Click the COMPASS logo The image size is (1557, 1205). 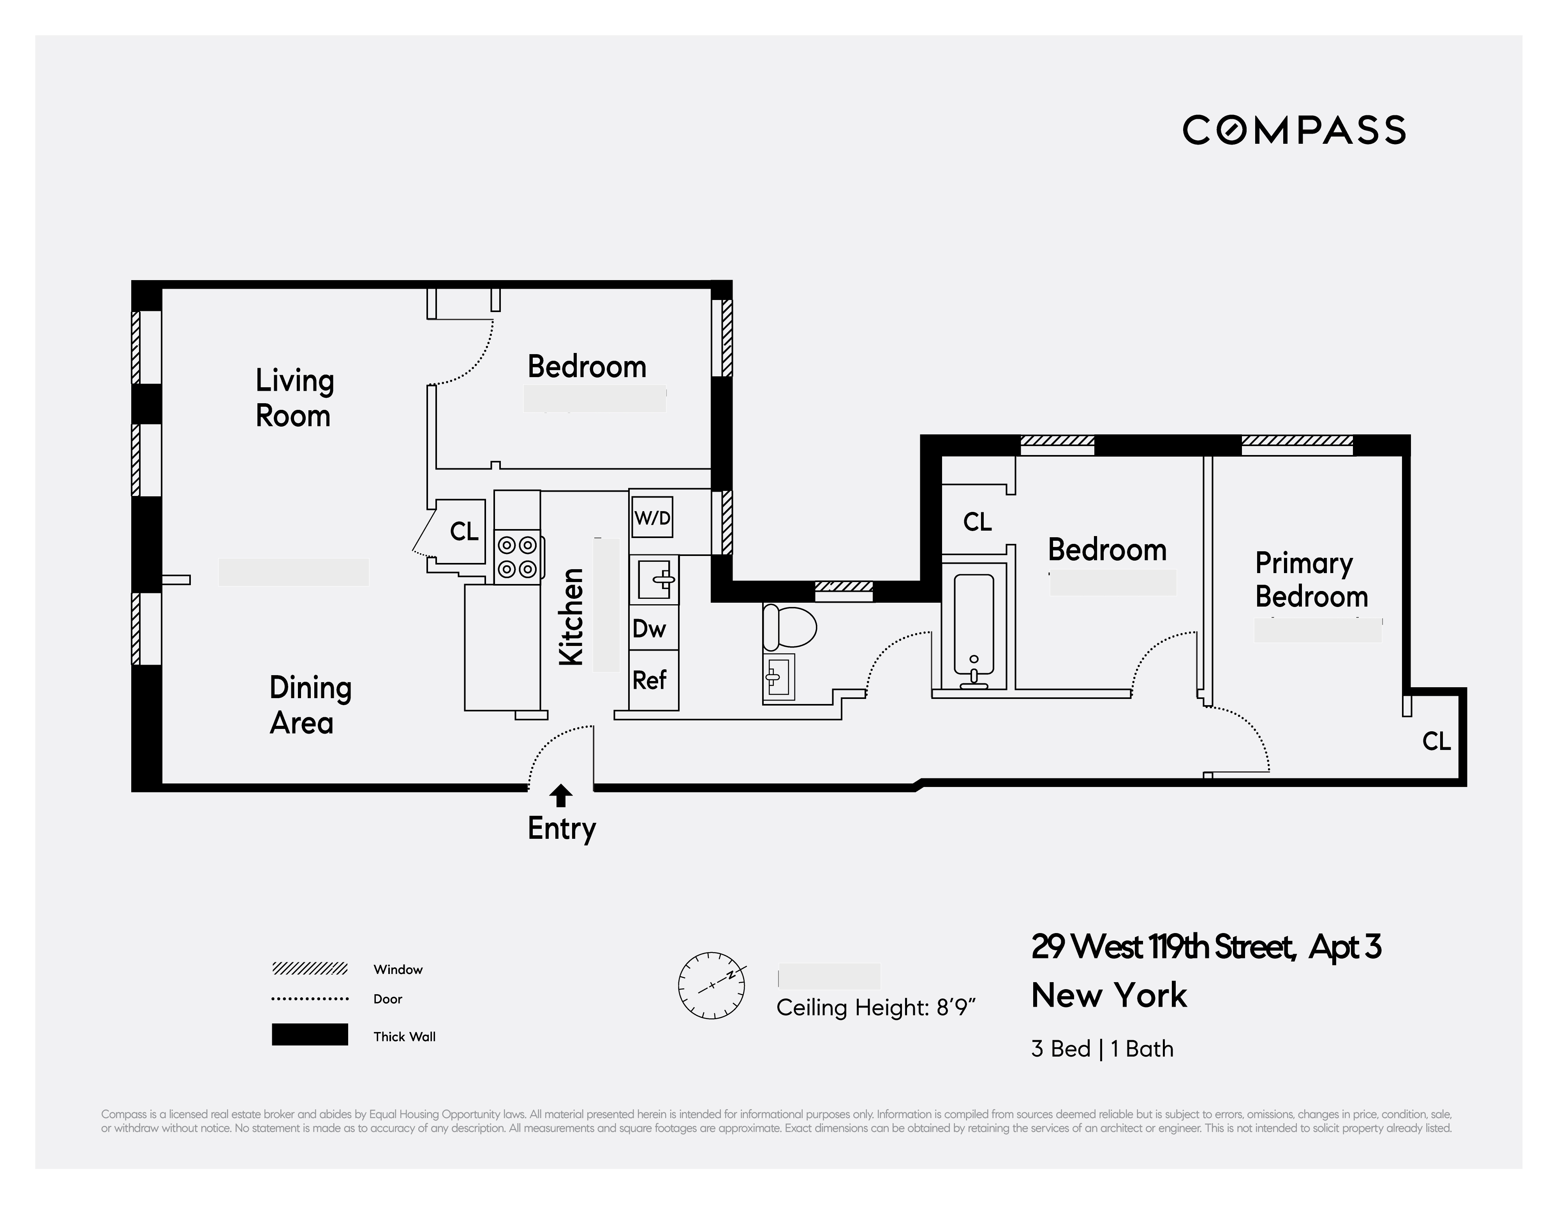point(1294,131)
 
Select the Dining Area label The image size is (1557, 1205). point(310,705)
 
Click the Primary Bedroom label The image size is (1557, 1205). point(1310,580)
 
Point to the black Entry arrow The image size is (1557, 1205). point(561,796)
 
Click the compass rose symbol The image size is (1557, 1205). point(712,985)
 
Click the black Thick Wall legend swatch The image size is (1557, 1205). point(309,1035)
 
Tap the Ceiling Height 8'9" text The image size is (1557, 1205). point(875,1007)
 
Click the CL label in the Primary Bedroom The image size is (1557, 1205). point(1436,741)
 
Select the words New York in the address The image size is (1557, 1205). point(1109,995)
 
